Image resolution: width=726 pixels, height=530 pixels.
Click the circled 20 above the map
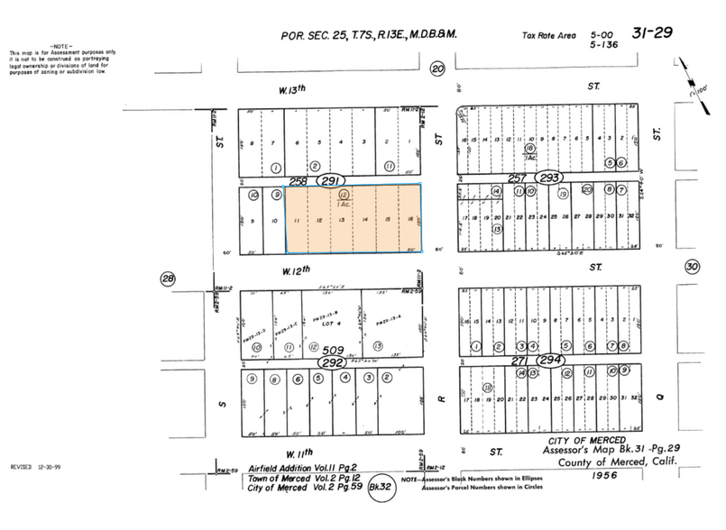[x=438, y=69]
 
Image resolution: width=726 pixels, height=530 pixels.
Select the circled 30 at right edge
[x=692, y=267]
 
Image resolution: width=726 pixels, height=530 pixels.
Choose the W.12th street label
[x=294, y=269]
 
